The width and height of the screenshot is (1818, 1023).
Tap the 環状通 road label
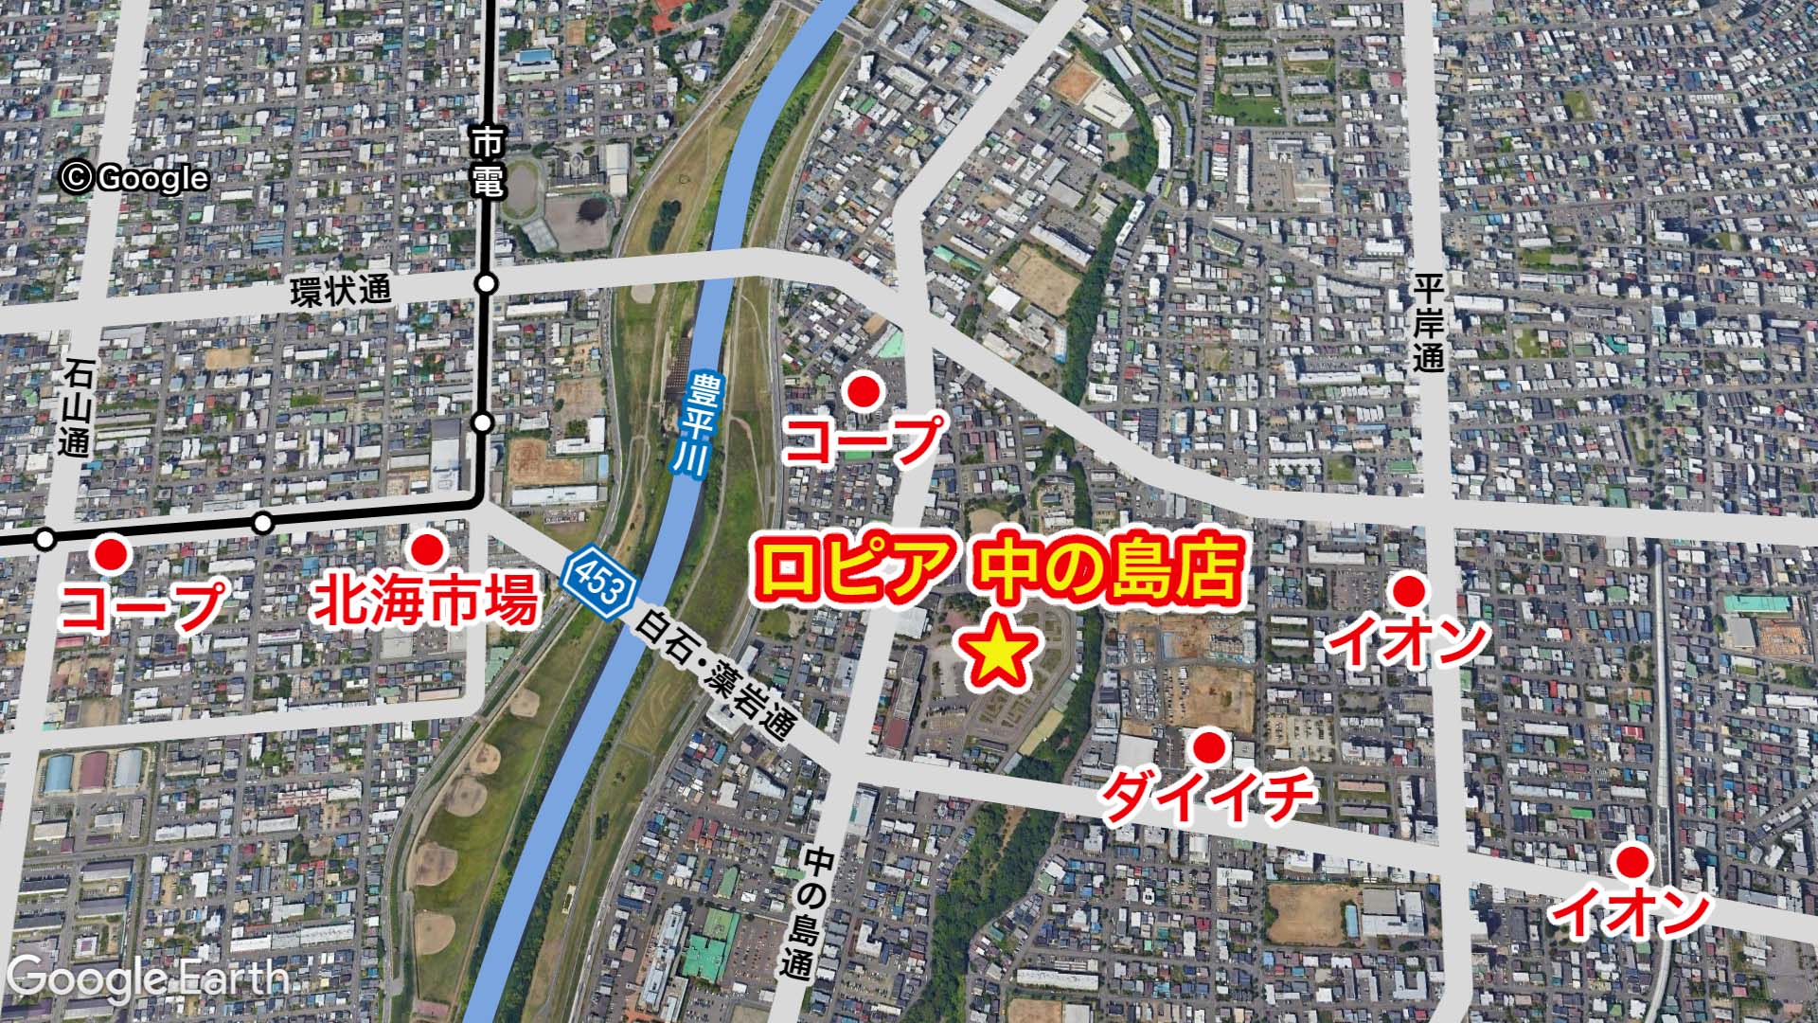340,291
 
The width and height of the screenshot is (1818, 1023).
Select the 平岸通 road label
1428,322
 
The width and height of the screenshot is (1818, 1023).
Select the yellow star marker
995,653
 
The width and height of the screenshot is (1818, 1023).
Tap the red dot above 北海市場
425,548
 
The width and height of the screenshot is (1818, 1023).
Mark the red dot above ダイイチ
1207,748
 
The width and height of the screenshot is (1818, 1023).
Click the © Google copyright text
134,177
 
